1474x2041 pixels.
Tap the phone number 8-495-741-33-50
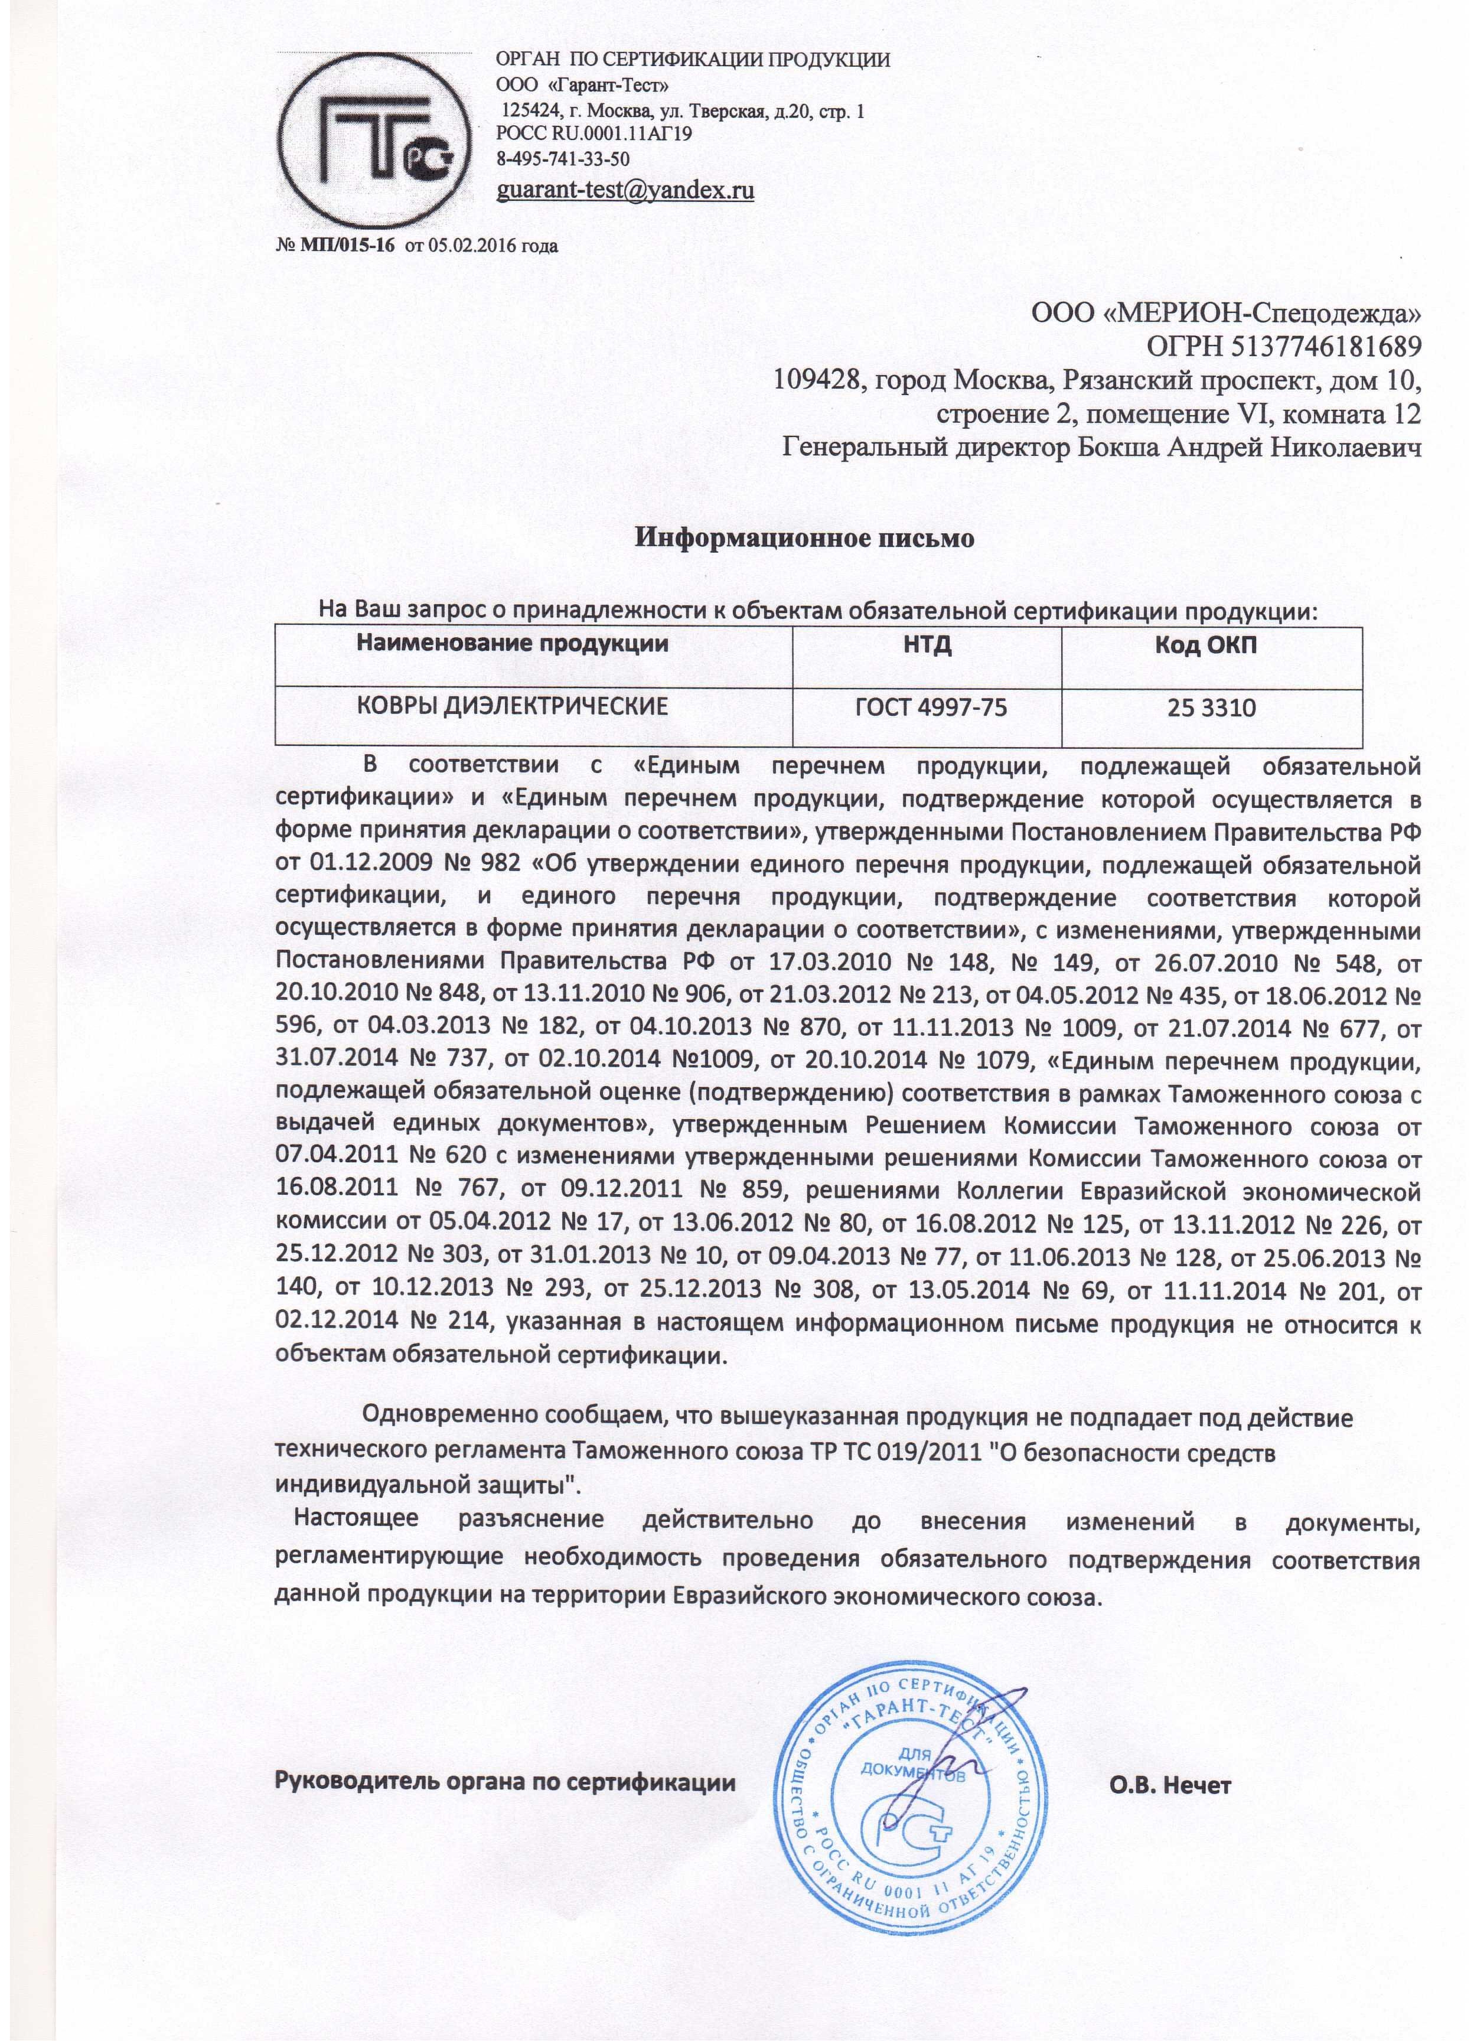563,158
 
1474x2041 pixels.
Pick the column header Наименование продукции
513,644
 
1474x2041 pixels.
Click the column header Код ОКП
1211,644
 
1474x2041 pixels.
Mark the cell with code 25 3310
1211,707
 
